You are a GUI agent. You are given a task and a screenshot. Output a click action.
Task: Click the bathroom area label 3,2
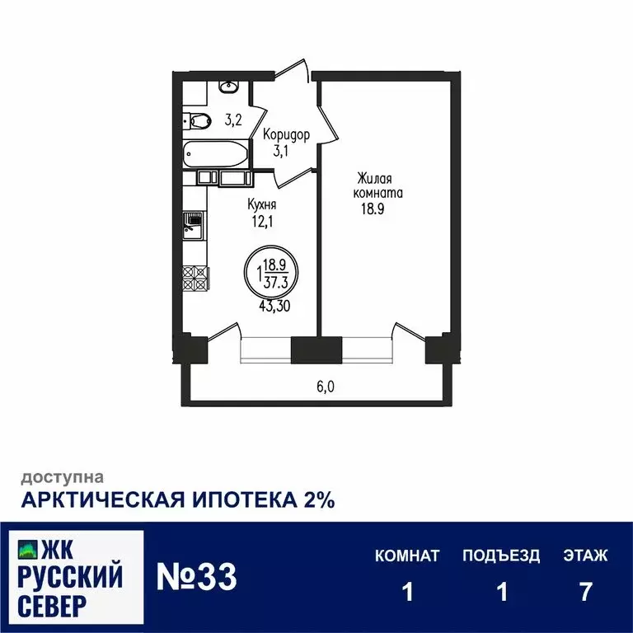coord(232,120)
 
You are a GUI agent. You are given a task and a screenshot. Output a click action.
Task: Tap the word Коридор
coord(286,135)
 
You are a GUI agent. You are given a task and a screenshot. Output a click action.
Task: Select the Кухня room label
coord(261,204)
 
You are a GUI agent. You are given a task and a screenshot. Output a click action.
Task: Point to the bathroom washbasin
coord(228,86)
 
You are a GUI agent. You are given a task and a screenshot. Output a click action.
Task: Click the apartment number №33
coord(197,577)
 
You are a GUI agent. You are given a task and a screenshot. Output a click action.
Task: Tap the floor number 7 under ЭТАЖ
coord(585,593)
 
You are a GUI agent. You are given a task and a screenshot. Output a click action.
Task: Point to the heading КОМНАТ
coord(407,556)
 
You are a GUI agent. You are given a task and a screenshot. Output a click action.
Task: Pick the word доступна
coord(62,476)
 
